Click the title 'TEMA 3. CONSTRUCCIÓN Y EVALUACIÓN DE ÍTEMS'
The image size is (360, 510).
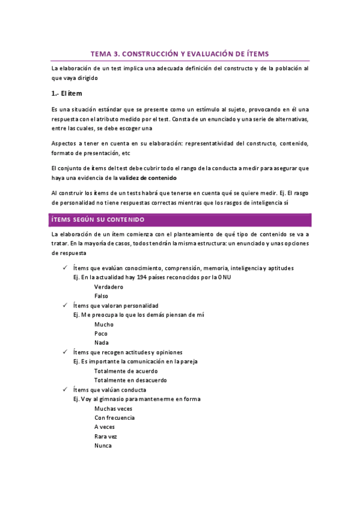click(179, 53)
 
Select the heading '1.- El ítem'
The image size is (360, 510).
click(67, 94)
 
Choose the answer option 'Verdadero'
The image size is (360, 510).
click(109, 287)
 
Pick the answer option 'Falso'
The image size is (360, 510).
click(102, 296)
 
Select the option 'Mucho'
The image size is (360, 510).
click(104, 324)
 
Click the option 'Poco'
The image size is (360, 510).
click(102, 333)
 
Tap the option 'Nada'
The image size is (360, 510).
click(102, 343)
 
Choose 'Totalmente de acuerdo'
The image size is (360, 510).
click(126, 370)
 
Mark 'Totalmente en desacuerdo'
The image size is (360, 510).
click(130, 380)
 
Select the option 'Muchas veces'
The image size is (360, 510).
click(113, 408)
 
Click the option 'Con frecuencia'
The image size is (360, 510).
click(114, 417)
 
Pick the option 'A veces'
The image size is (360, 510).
click(105, 427)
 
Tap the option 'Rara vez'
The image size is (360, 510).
click(106, 436)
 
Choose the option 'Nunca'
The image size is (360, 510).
click(103, 446)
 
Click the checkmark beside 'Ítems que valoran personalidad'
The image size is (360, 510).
click(64, 305)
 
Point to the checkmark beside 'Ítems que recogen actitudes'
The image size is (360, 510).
click(64, 351)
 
